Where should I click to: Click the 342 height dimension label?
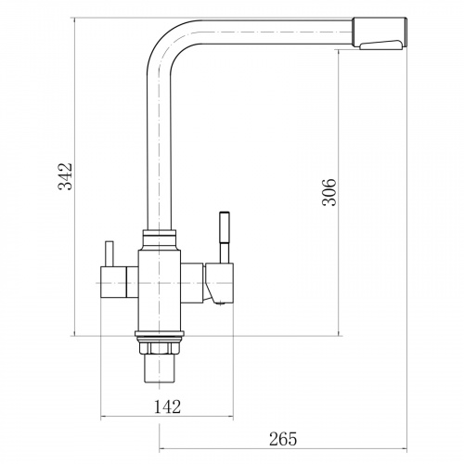click(x=66, y=176)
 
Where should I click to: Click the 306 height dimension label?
click(x=329, y=192)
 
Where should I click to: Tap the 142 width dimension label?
click(x=167, y=406)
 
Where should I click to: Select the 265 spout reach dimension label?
click(x=283, y=439)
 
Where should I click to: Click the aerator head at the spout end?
click(x=380, y=32)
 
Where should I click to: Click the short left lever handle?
click(x=110, y=253)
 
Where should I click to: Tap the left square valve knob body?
click(x=113, y=281)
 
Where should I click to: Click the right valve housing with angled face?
click(x=219, y=283)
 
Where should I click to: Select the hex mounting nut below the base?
click(x=160, y=348)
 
